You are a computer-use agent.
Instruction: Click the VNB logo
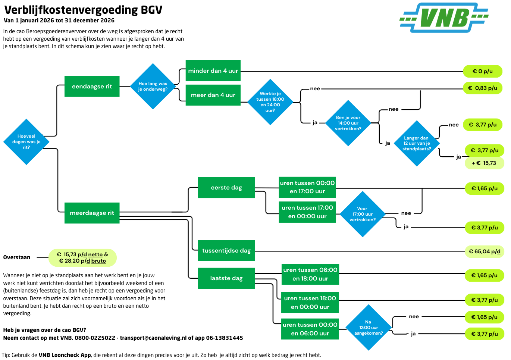pos(444,18)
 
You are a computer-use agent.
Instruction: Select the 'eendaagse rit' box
pos(92,87)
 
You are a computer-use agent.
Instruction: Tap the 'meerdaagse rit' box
pos(92,213)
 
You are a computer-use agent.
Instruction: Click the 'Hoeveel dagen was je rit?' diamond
pos(26,142)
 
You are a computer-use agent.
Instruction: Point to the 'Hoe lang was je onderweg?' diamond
pos(153,87)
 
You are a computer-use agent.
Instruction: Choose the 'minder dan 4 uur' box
pos(213,71)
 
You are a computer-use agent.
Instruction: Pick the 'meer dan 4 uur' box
pos(213,95)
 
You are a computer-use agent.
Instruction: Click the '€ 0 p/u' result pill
pos(482,71)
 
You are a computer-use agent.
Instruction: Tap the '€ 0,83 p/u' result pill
pos(482,88)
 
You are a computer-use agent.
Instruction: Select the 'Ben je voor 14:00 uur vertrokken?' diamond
pos(348,123)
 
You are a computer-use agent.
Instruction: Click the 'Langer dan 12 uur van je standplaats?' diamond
pos(417,143)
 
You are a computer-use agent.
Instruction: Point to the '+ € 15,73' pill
pos(484,163)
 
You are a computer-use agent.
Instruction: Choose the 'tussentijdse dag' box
pos(226,251)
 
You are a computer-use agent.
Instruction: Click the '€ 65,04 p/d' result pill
pos(485,251)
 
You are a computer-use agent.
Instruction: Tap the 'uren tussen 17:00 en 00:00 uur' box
pos(307,212)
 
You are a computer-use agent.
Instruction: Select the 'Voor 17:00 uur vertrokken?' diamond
pos(362,214)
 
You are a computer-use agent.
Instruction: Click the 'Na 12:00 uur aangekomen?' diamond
pos(369,328)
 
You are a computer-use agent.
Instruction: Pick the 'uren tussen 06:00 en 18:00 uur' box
pos(310,274)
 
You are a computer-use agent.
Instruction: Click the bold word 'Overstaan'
pos(17,257)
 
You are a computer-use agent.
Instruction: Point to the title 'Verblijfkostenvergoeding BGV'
pos(84,10)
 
